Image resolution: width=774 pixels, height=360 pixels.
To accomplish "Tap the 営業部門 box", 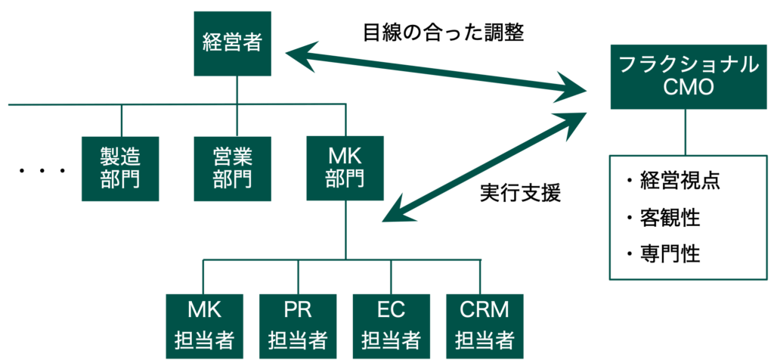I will click(232, 168).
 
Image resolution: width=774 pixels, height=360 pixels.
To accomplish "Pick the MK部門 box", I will click(345, 168).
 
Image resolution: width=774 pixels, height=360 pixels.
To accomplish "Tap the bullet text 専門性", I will click(662, 253).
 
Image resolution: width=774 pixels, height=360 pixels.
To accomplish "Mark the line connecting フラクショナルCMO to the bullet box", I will click(686, 135).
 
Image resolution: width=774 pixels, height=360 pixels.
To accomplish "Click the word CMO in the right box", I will click(686, 89).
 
